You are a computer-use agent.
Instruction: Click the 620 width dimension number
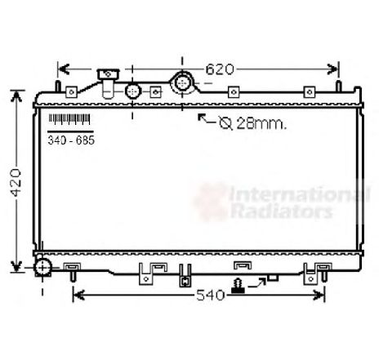[x=220, y=69]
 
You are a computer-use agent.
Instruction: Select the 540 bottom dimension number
[x=211, y=295]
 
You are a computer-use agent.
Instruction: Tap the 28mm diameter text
[x=261, y=123]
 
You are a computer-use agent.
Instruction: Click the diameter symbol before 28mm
[x=225, y=123]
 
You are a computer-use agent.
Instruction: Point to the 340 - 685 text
[x=71, y=140]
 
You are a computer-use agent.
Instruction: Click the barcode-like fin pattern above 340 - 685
[x=69, y=119]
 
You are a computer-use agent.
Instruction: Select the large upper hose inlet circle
[x=181, y=82]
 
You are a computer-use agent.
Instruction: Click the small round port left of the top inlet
[x=133, y=91]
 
